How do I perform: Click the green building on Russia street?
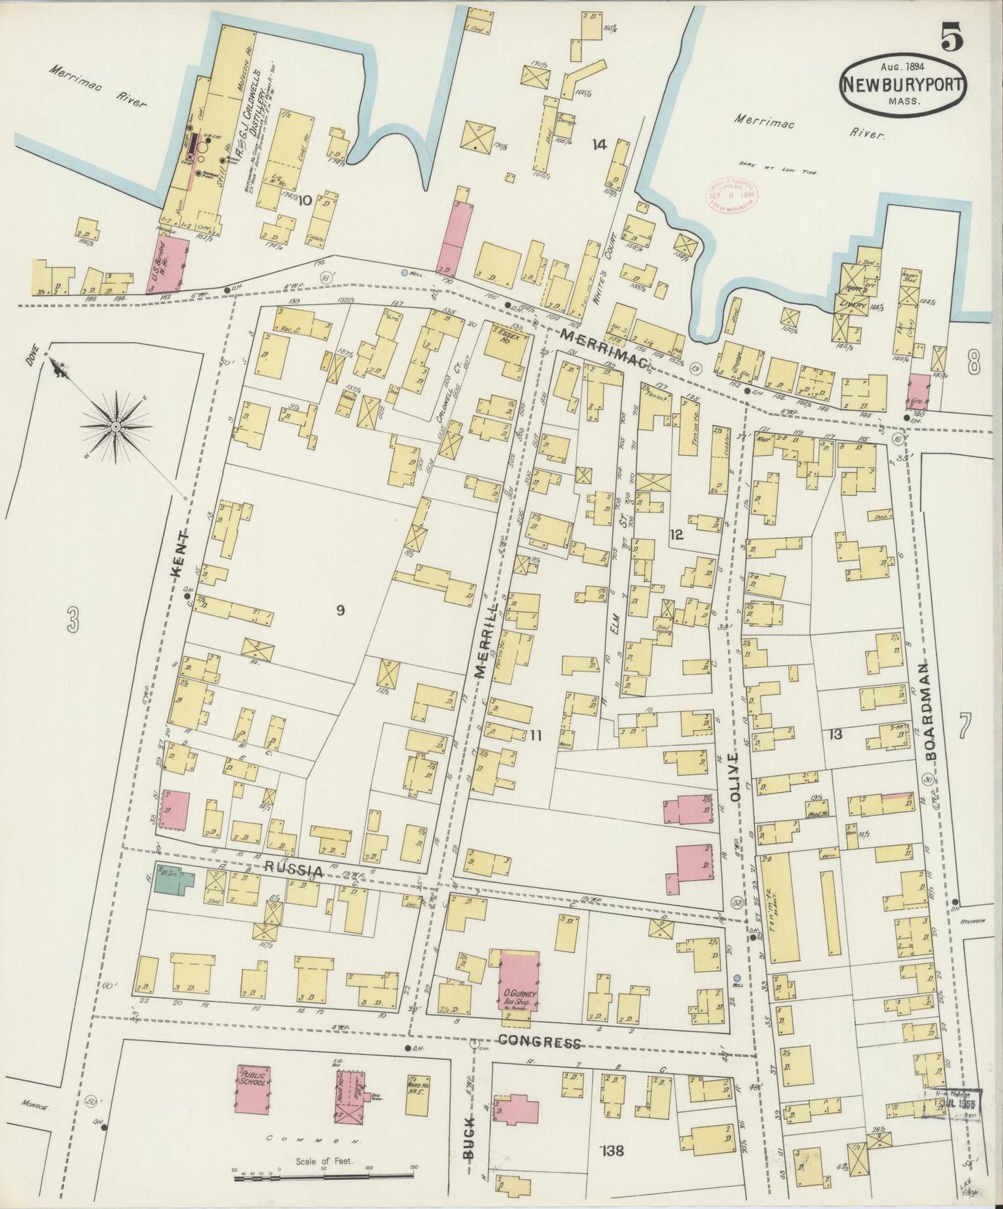coord(171,877)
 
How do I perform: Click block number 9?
coord(340,610)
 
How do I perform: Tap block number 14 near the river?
coord(599,144)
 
